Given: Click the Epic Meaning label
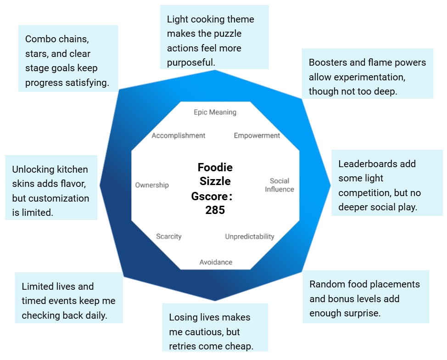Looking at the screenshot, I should point(215,112).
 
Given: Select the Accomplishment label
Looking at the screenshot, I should point(179,135).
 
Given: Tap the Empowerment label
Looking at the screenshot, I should point(257,135).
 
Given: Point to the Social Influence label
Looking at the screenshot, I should point(279,185).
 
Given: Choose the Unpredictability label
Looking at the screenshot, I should point(250,236).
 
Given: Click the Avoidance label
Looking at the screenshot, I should point(216,262).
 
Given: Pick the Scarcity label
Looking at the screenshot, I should point(169,236).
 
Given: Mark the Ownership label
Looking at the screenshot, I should point(152,185).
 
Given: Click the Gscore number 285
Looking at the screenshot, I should point(215,210).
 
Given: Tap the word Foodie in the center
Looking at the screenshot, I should point(215,167).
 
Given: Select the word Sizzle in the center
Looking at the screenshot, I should point(215,181).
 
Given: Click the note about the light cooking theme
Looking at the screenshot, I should point(214,41).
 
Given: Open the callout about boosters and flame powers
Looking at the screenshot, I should point(368,77).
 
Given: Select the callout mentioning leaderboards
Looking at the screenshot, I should point(386,186).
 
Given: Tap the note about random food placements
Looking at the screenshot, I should point(365,298).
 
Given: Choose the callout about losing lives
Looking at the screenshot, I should point(215,332).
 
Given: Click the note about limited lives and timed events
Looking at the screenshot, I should point(69,301).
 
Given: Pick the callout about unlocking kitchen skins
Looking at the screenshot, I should point(51,191).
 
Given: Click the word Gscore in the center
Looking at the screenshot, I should point(209,197).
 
